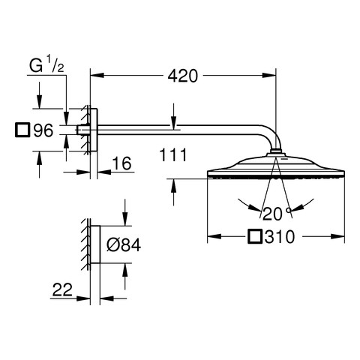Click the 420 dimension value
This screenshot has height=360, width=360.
(x=182, y=76)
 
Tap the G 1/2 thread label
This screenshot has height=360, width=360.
(x=46, y=65)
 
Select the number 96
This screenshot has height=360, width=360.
(x=43, y=130)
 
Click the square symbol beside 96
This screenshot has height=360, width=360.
(x=22, y=130)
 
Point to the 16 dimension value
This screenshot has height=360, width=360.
(x=121, y=163)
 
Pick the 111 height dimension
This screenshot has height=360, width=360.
(x=173, y=155)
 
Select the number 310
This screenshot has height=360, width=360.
(x=280, y=237)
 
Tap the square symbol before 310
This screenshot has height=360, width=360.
(x=255, y=236)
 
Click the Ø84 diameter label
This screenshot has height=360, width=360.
(x=124, y=244)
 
